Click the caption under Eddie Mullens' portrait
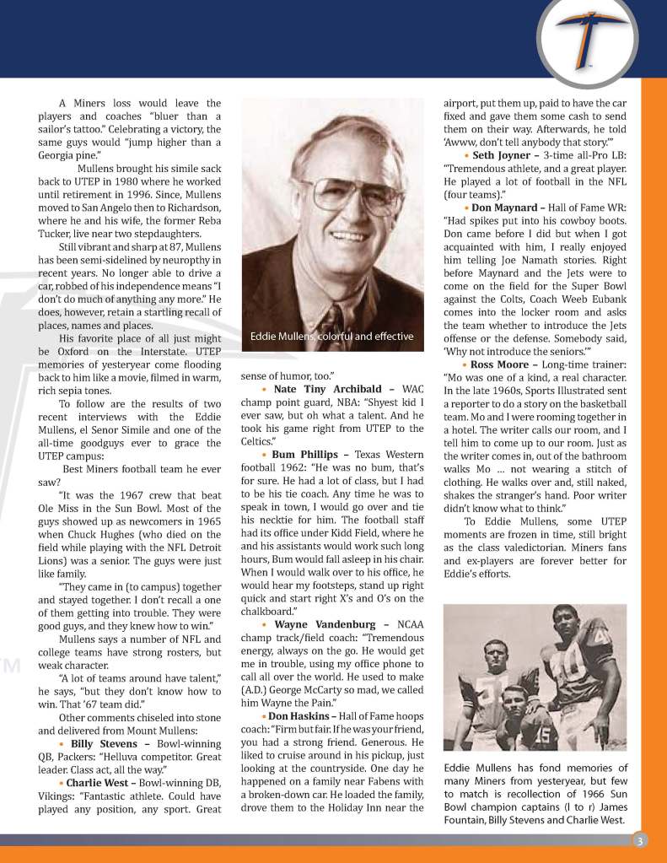[332, 337]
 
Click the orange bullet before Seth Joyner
[466, 155]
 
